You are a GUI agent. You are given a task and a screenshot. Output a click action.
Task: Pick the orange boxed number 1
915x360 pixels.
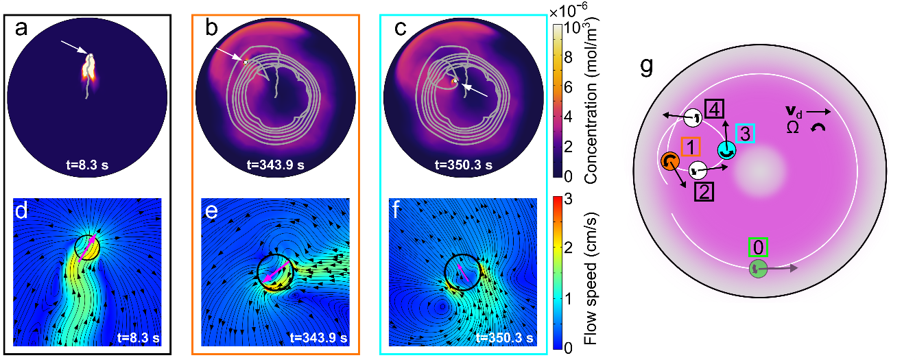[x=691, y=146]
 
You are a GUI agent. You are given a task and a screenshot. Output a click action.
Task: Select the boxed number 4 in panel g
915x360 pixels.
[x=713, y=109]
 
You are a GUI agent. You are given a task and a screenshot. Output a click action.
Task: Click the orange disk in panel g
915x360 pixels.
[x=669, y=161]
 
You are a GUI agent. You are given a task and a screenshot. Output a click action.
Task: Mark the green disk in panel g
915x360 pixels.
[x=757, y=269]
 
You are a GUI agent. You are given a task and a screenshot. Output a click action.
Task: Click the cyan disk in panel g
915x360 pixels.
[x=726, y=149]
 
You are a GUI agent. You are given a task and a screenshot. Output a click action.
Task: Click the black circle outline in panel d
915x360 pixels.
[x=87, y=247]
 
